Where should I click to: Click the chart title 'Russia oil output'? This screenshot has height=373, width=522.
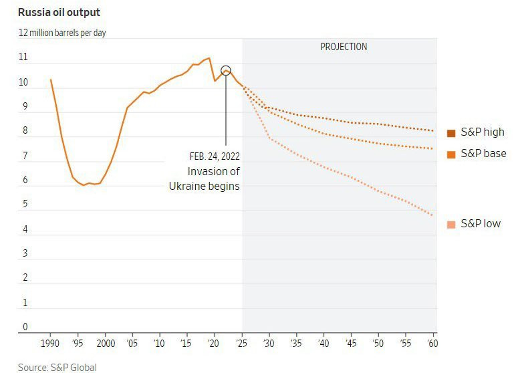[x=59, y=12]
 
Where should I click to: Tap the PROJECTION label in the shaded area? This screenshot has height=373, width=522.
[x=344, y=47]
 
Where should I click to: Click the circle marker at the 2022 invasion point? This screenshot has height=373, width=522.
[x=226, y=71]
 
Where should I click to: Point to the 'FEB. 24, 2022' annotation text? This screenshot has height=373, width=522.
[x=215, y=156]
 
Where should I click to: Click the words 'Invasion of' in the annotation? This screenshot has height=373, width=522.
[x=213, y=171]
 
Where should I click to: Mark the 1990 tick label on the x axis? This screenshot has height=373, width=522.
[x=50, y=344]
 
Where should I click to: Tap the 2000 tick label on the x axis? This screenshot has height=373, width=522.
[x=106, y=344]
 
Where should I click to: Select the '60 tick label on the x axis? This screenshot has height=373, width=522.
[x=432, y=344]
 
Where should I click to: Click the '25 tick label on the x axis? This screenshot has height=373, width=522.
[x=242, y=344]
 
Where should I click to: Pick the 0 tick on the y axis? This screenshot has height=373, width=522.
[x=25, y=327]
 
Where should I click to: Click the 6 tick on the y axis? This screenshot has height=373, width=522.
[x=25, y=180]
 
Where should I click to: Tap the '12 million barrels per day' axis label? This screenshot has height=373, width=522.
[x=62, y=32]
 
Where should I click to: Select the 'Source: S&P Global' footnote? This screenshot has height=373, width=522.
[x=57, y=367]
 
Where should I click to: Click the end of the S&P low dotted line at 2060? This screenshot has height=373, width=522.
[x=433, y=215]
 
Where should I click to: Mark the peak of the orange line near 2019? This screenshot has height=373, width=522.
[x=209, y=58]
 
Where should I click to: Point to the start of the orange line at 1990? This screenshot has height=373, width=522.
[x=51, y=80]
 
